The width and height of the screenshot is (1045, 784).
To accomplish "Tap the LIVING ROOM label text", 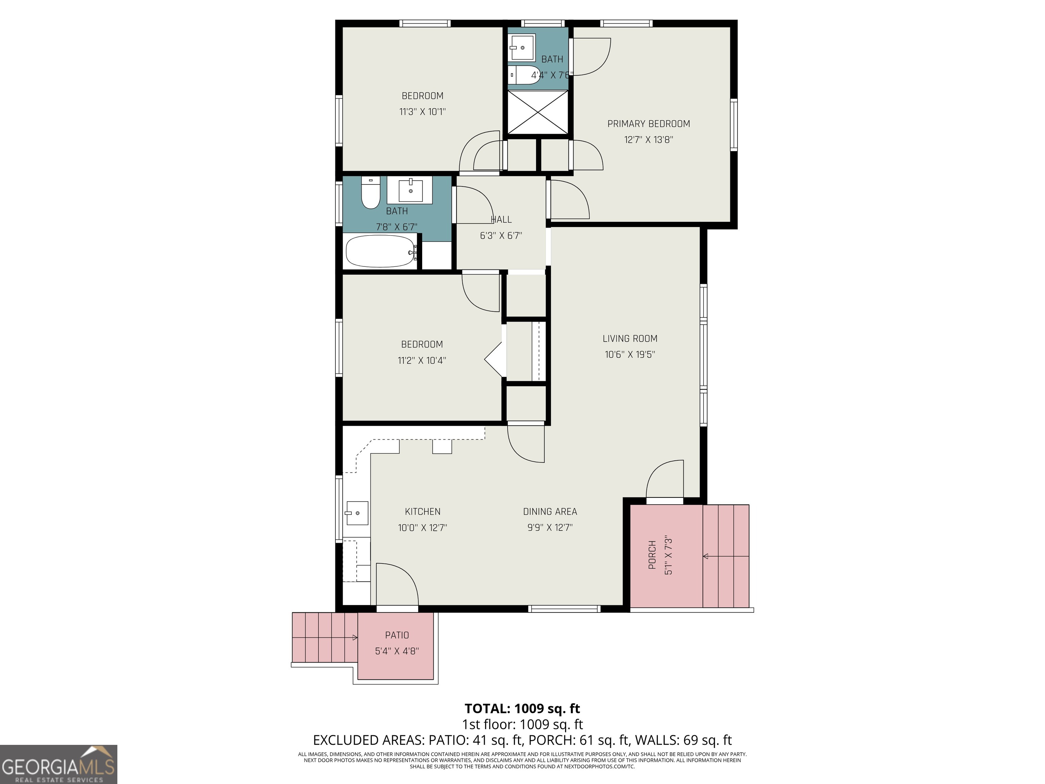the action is pyautogui.click(x=630, y=338).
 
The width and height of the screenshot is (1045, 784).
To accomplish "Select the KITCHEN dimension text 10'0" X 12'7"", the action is pyautogui.click(x=422, y=527).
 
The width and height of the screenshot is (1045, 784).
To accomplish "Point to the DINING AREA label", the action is pyautogui.click(x=550, y=511).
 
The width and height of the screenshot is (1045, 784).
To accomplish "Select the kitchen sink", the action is pyautogui.click(x=357, y=513).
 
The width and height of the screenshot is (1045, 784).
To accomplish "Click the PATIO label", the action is pyautogui.click(x=397, y=635).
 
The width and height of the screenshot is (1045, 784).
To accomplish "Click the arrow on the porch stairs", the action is pyautogui.click(x=726, y=556).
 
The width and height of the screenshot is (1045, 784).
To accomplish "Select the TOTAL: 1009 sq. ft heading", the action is pyautogui.click(x=522, y=708).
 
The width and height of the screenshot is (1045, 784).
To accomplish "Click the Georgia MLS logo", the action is pyautogui.click(x=59, y=764).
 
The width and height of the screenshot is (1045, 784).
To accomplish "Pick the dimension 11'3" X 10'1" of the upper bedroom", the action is pyautogui.click(x=422, y=112).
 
